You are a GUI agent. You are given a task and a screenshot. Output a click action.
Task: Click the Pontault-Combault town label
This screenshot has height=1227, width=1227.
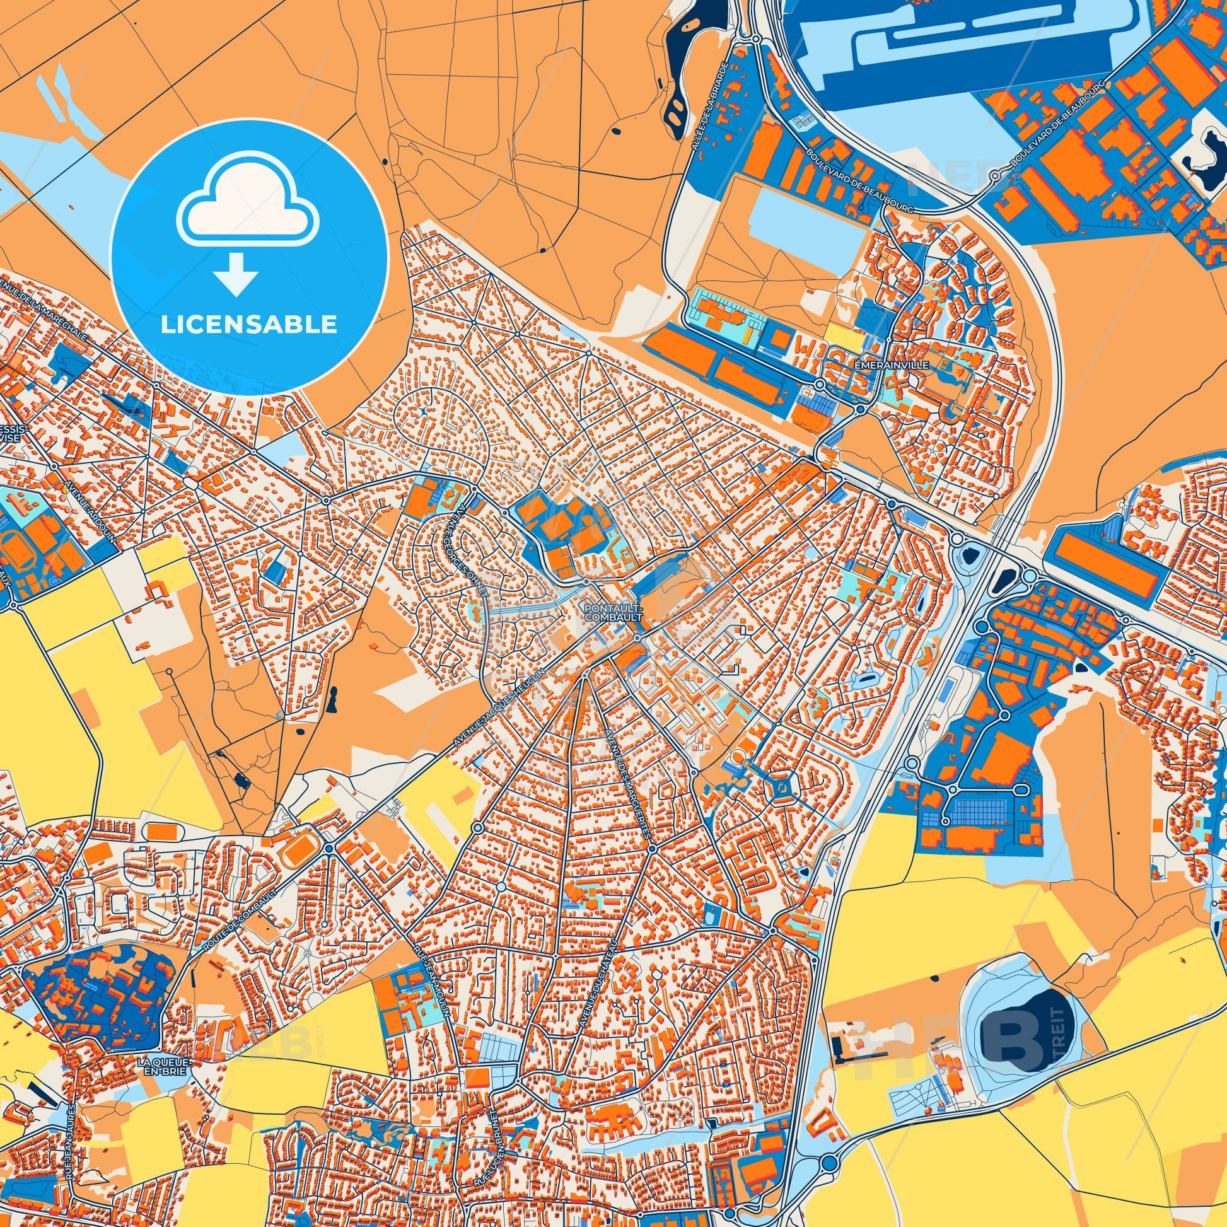(613, 612)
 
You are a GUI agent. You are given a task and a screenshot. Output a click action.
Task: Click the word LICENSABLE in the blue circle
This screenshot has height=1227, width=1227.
(248, 325)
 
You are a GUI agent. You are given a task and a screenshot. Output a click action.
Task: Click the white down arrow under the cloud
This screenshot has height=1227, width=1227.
(236, 274)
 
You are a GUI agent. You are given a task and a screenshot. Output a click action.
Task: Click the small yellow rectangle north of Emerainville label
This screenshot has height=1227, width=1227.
(844, 336)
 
